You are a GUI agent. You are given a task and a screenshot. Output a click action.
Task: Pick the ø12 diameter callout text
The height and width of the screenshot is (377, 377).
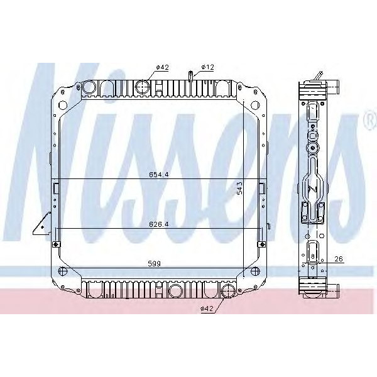click(x=208, y=67)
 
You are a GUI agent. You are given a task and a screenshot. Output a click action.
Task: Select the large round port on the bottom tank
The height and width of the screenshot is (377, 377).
click(x=229, y=290)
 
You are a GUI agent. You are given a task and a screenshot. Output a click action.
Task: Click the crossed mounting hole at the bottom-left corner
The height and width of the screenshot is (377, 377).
click(x=62, y=271)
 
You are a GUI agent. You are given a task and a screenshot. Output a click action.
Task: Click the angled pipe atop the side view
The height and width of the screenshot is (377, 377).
click(x=319, y=77)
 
